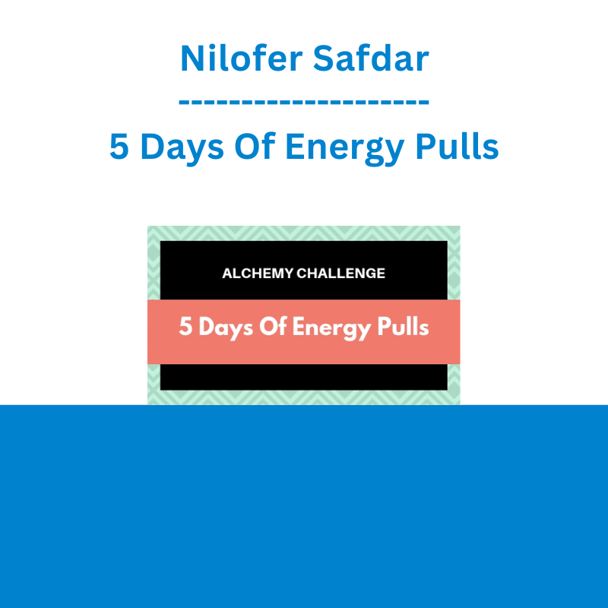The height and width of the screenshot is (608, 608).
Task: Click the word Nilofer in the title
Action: (241, 58)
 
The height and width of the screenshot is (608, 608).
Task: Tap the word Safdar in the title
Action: (371, 58)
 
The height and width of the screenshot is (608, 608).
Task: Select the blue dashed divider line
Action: (303, 103)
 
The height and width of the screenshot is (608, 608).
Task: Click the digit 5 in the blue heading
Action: (119, 146)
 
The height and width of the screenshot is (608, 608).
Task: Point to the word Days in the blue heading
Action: (182, 148)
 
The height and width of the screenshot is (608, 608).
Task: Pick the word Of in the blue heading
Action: (255, 145)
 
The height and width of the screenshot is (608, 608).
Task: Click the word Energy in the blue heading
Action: (345, 148)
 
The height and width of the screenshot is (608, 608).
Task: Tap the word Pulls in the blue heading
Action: (458, 145)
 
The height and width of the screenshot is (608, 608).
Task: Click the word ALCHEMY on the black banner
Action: (258, 274)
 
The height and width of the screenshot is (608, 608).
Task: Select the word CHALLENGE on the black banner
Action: (340, 274)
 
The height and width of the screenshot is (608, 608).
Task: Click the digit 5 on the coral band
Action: (185, 326)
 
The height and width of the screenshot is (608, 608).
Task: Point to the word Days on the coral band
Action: (226, 328)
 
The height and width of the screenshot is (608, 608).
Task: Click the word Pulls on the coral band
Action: (403, 326)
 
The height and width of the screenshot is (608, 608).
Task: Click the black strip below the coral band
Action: (303, 377)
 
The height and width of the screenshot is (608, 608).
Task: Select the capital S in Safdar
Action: (324, 58)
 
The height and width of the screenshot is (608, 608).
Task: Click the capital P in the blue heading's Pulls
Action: (426, 146)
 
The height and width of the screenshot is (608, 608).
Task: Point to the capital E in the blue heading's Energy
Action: (295, 146)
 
